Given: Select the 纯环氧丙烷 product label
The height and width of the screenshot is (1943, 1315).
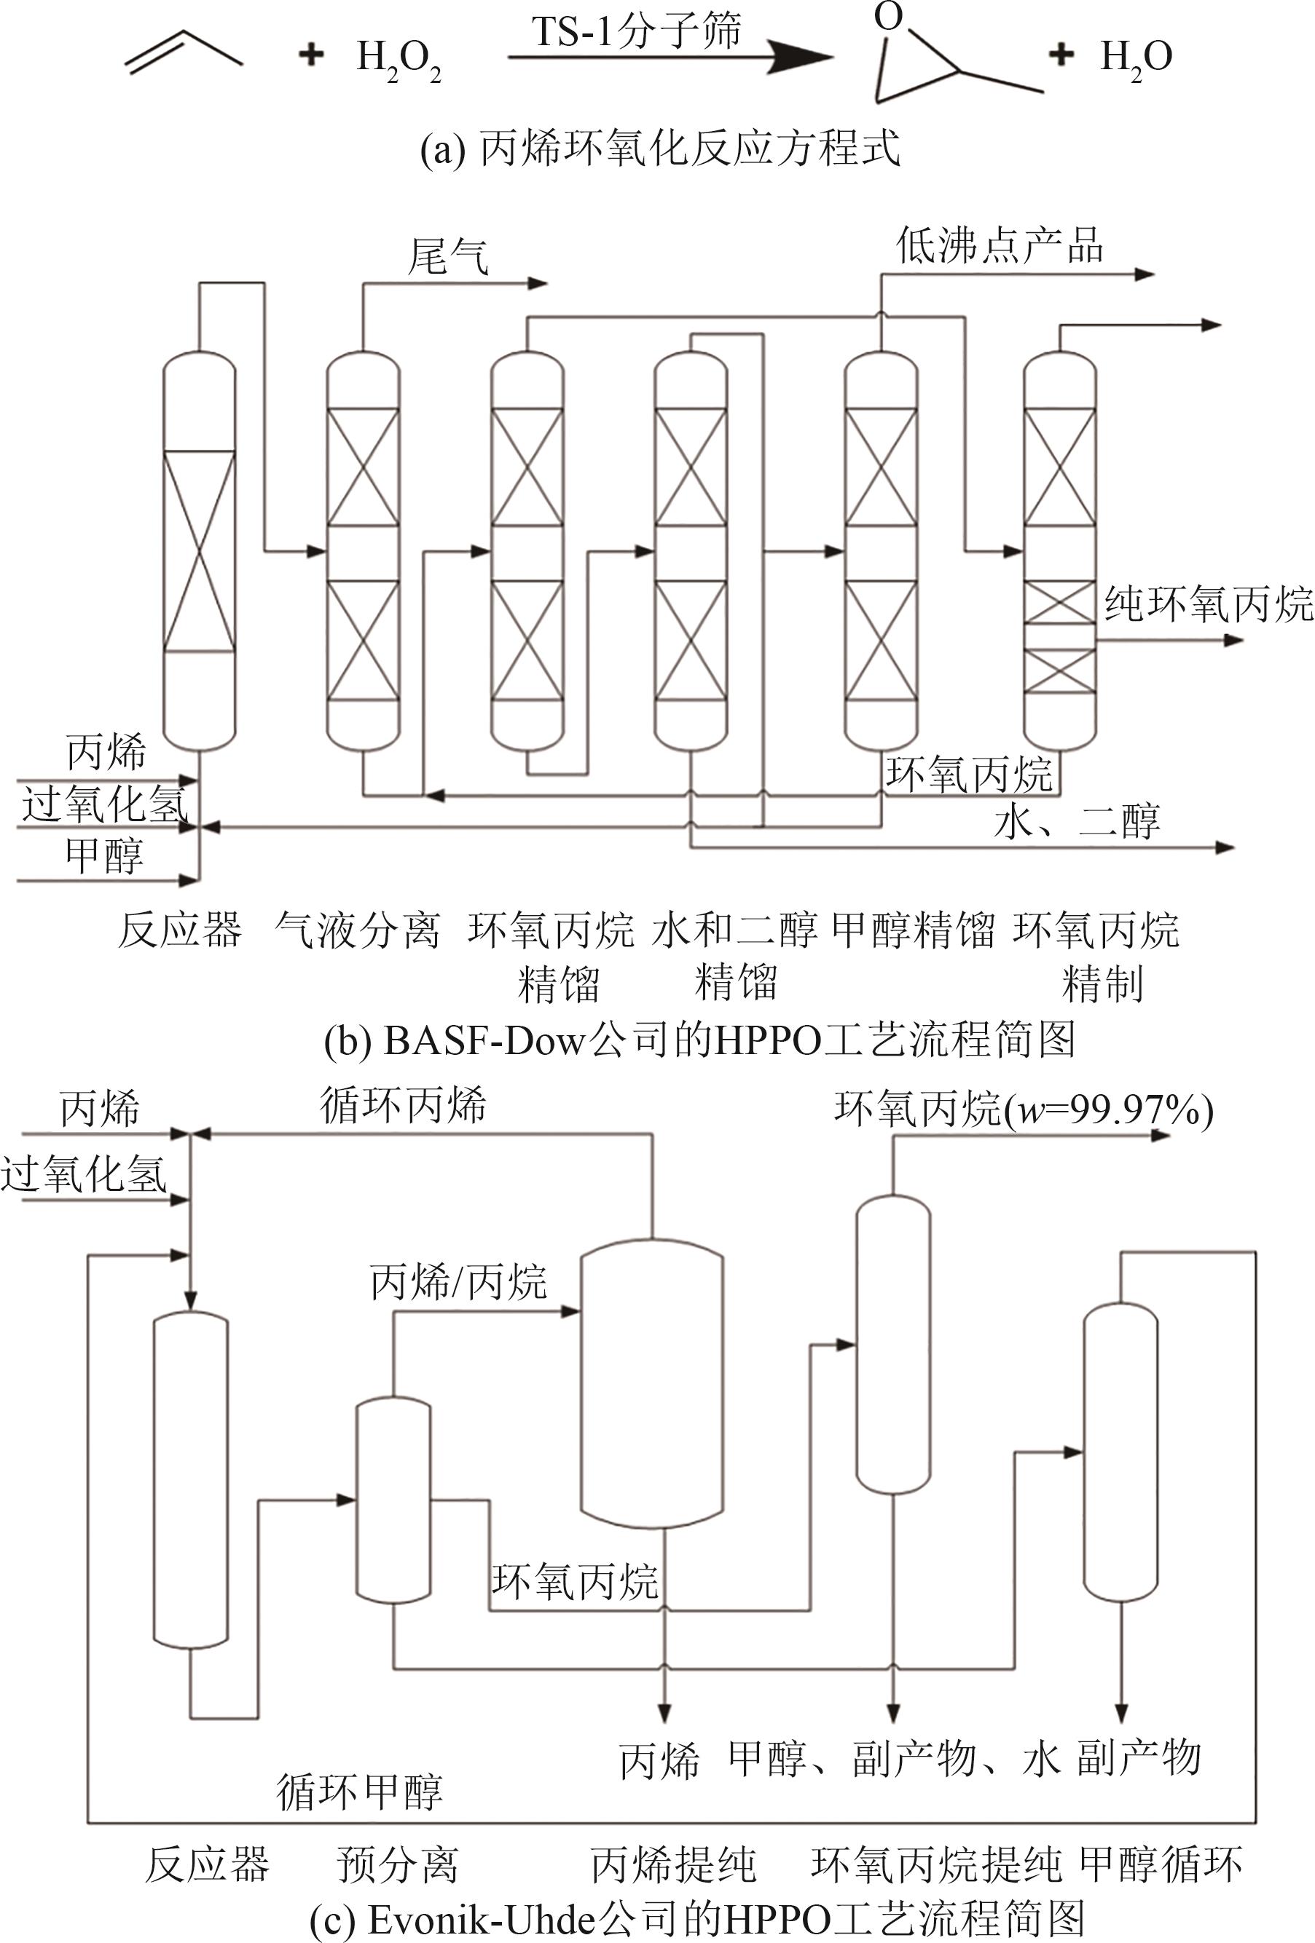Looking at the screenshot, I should tap(1209, 603).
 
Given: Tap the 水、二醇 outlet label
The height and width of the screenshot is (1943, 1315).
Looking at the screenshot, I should tap(1077, 821).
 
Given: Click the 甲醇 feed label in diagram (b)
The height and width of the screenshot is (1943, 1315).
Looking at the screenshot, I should tap(105, 855).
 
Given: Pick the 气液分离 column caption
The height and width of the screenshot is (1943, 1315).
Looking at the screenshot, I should tap(357, 930).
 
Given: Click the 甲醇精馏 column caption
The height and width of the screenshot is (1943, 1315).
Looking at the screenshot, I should tap(914, 930).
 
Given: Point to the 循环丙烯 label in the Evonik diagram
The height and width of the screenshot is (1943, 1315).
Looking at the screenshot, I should tap(402, 1105).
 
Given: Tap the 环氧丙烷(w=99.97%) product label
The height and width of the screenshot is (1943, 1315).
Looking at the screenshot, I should tap(1023, 1110).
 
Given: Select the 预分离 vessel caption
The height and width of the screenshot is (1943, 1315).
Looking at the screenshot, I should tap(399, 1865).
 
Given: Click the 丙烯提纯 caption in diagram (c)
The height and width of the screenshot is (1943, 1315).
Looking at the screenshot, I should tap(673, 1865).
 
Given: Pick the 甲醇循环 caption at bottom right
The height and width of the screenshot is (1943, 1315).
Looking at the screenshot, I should tap(1161, 1865).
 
